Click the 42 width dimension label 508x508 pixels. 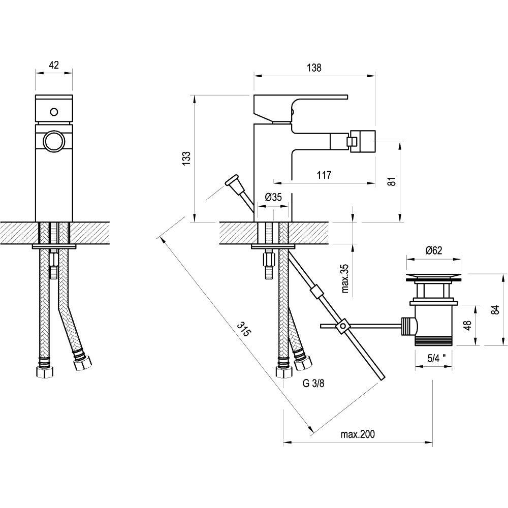[x=54, y=65]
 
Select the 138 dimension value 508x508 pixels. [x=314, y=68]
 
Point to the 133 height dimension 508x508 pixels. [x=186, y=158]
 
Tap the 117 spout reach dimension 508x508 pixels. [x=324, y=175]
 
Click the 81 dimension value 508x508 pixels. [x=392, y=181]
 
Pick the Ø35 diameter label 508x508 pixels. [x=273, y=197]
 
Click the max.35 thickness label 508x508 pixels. [x=345, y=278]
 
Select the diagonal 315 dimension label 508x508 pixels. [x=244, y=329]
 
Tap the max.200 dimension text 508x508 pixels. [x=358, y=434]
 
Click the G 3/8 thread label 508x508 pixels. [x=313, y=383]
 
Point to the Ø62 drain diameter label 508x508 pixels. [x=434, y=250]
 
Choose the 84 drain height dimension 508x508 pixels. [x=495, y=310]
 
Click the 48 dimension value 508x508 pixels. [x=467, y=326]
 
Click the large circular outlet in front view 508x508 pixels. [x=54, y=141]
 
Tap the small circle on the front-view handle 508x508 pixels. [x=54, y=112]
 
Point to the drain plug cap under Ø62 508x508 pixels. [x=434, y=277]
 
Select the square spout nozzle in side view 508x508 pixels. [x=362, y=141]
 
